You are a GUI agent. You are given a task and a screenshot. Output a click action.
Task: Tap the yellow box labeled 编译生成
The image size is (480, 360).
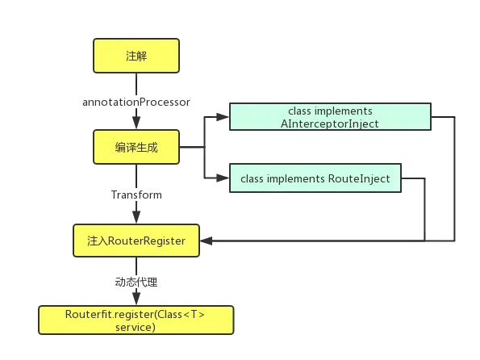[136, 147]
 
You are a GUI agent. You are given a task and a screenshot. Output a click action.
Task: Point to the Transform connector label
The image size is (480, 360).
[136, 195]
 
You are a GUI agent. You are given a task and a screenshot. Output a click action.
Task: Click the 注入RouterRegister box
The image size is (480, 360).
[136, 241]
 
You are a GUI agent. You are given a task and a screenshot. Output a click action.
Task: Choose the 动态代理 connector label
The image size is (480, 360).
[136, 283]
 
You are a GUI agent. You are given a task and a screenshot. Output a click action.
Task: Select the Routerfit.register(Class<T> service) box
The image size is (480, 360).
[136, 320]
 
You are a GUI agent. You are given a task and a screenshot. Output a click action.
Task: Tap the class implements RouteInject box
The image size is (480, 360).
[315, 178]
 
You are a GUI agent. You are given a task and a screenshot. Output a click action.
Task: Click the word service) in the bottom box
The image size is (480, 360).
[136, 327]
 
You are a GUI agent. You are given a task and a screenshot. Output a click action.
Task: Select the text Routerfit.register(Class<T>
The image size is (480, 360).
[136, 313]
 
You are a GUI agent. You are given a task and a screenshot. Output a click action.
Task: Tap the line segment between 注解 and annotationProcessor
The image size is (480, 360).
[136, 83]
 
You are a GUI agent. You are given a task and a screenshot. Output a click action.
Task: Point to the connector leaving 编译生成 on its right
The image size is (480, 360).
[190, 147]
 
